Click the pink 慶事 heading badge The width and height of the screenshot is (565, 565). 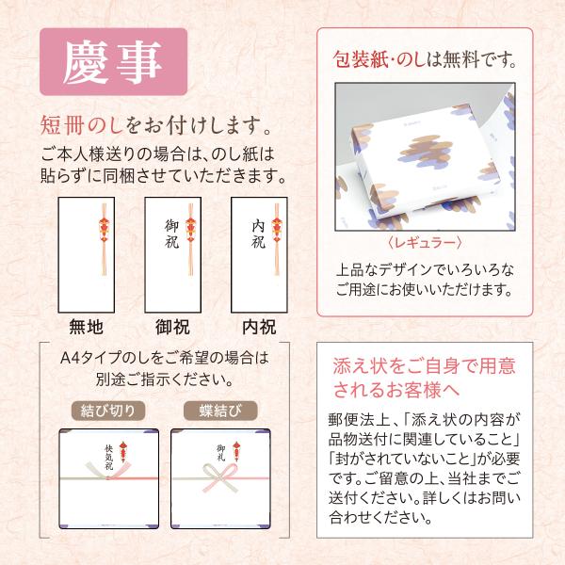[x=114, y=61]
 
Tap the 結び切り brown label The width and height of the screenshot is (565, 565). [x=108, y=411]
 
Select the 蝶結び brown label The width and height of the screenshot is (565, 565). [x=220, y=411]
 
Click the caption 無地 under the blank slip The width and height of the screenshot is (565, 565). [x=86, y=327]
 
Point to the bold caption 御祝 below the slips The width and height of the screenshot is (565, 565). [x=172, y=327]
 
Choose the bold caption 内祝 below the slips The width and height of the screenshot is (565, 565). [x=259, y=327]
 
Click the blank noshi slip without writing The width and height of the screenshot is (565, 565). [x=87, y=255]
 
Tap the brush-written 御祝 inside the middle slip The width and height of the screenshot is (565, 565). [x=172, y=234]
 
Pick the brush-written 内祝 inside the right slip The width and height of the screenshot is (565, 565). [x=258, y=234]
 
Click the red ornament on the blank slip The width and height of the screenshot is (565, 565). [x=105, y=229]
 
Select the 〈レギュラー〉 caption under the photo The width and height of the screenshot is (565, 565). [x=425, y=243]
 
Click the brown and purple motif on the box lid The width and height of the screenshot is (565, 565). [x=426, y=152]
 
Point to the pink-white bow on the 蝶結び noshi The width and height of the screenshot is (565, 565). [x=220, y=477]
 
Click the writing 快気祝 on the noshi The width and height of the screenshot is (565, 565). [x=109, y=458]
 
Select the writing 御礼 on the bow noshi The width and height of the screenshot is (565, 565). [x=221, y=453]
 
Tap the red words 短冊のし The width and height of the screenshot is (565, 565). [x=82, y=126]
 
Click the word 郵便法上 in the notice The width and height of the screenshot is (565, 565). [x=360, y=420]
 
